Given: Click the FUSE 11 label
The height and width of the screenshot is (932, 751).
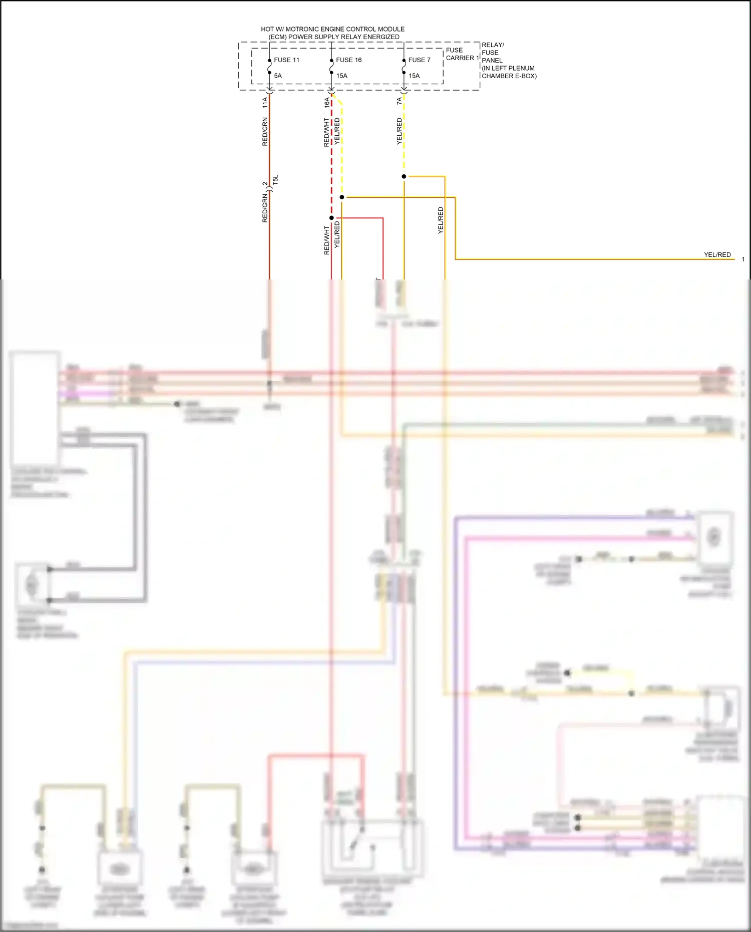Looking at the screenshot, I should coord(286,60).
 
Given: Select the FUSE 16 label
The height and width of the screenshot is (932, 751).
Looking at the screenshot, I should coord(348,60).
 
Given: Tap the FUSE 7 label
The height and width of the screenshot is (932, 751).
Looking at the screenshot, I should coord(419,60).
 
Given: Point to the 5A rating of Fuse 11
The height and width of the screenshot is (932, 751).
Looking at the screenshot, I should coord(278,76).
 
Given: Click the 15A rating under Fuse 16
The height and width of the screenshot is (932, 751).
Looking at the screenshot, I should coord(341,76).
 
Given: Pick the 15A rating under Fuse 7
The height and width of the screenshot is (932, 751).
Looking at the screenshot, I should coord(414,76).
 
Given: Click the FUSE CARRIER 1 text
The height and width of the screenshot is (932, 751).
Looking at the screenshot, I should coord(462,54).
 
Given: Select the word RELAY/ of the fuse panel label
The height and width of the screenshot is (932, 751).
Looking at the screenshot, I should coord(493,45).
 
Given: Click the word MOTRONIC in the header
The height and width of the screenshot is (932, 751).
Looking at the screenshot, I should coord(304,29).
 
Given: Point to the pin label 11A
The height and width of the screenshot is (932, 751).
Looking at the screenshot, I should coord(265,103).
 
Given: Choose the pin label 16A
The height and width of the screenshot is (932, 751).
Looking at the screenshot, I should coord(327,103).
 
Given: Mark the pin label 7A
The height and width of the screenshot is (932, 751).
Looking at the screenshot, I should coord(399,101).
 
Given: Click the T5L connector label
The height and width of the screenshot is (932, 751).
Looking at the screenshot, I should coord(275,180).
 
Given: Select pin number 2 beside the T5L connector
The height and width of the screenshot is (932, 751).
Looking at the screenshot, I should coord(265,184).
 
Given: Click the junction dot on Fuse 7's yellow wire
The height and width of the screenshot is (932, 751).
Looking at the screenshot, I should coord(404,176).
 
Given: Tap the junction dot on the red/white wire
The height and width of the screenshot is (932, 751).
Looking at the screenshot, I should coord(331,218).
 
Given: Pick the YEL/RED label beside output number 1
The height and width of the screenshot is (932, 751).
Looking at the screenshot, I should coord(717,255).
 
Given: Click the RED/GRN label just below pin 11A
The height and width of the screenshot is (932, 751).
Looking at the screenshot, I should coord(265,132).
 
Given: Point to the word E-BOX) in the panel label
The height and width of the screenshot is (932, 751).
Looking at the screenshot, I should coord(526,76).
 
